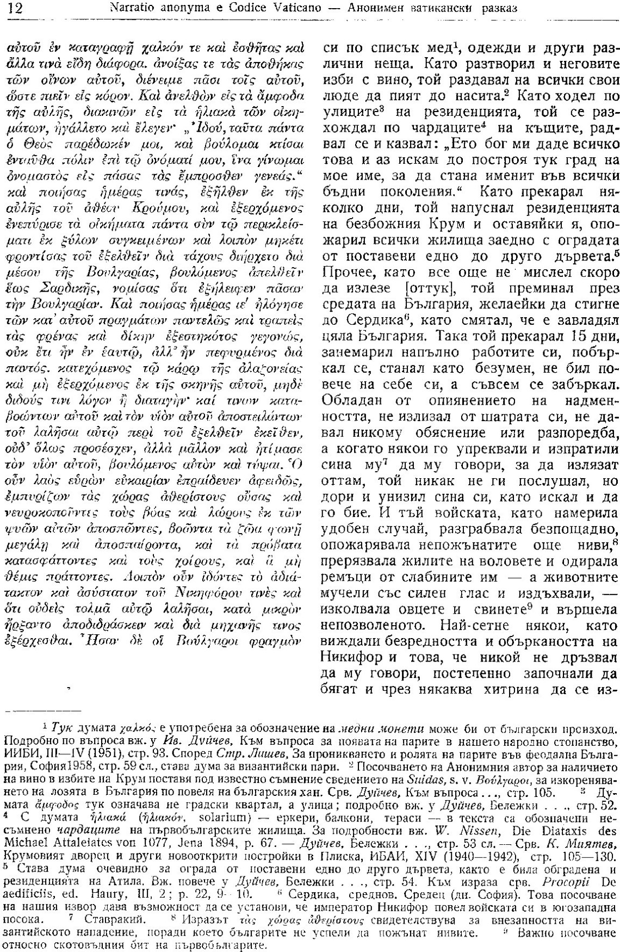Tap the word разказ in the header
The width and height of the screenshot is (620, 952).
point(497,8)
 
